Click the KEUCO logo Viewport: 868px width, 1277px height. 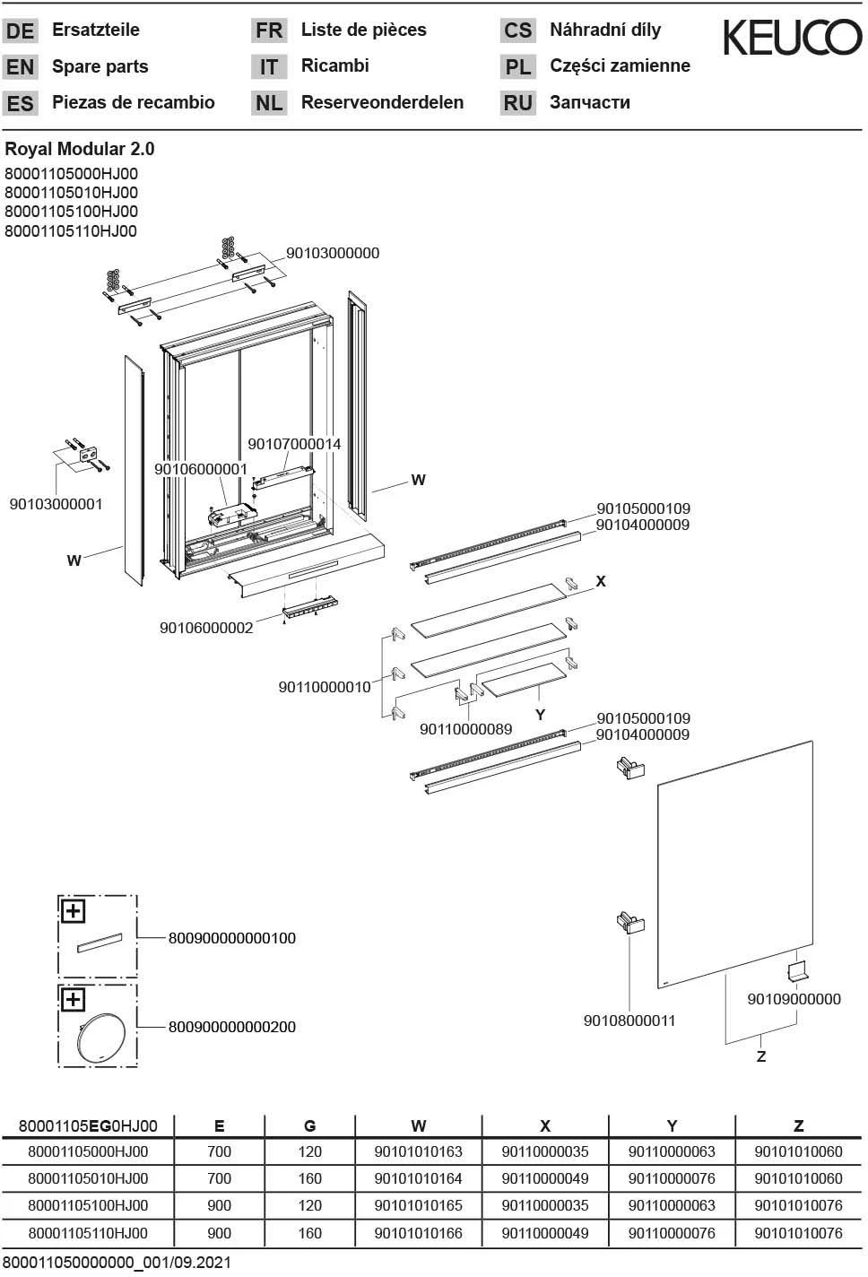click(x=793, y=38)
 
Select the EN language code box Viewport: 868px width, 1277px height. click(x=20, y=67)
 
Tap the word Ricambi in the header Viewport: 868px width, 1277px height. click(x=334, y=65)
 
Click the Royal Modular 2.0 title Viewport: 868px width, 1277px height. click(x=80, y=149)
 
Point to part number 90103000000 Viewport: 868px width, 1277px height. click(x=333, y=253)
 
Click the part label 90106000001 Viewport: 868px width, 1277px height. click(x=201, y=469)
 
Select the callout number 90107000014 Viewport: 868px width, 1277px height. click(x=294, y=444)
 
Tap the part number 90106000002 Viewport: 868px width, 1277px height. click(x=206, y=628)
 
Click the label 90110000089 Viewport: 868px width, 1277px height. click(x=465, y=729)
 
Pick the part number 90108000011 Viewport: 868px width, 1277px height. click(x=629, y=1021)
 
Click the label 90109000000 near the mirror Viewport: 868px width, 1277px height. click(x=794, y=999)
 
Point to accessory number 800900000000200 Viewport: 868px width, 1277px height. click(x=231, y=1027)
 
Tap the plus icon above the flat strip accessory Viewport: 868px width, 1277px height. click(x=73, y=911)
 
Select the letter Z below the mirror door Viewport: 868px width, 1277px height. click(x=761, y=1056)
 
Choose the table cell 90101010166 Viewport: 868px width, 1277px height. click(x=418, y=1233)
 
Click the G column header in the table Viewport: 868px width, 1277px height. click(x=309, y=1126)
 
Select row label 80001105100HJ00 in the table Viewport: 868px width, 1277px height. click(x=88, y=1206)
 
